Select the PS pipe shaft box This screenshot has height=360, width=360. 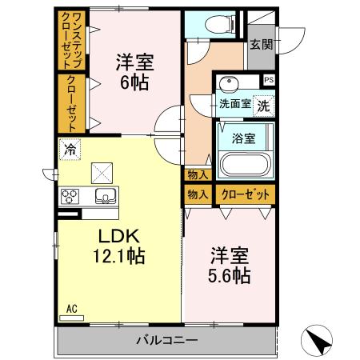tap(269, 80)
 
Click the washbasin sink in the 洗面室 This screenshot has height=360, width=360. tap(230, 84)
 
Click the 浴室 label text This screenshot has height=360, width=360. tap(243, 138)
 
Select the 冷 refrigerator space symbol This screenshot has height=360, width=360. tap(71, 149)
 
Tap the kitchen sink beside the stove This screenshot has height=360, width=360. tap(105, 197)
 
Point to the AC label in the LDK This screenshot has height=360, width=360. tap(70, 306)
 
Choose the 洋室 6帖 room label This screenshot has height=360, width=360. tap(134, 70)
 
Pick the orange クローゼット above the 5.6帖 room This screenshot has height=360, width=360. tap(243, 194)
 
